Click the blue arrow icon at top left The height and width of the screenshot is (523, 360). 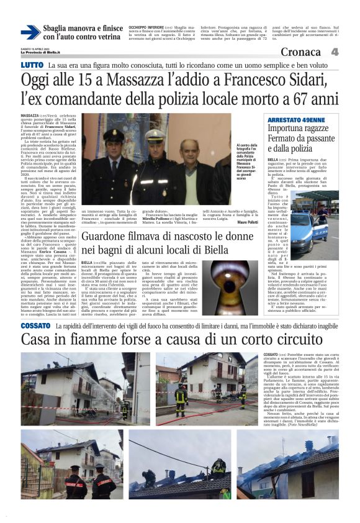coord(30,32)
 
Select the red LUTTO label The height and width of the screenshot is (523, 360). coord(32,65)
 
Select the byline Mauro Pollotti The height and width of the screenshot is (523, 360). coord(249,222)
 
